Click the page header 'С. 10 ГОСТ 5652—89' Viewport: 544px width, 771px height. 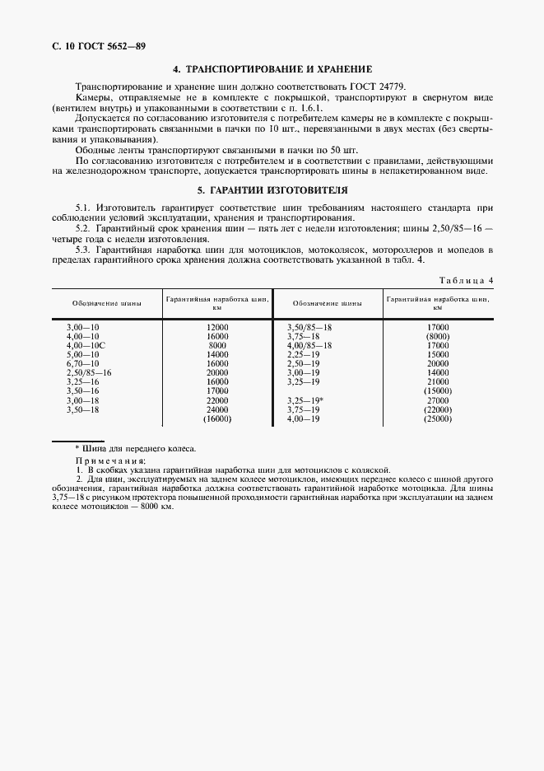click(x=87, y=44)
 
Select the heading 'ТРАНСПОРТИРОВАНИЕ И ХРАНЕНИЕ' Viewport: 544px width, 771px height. click(x=278, y=69)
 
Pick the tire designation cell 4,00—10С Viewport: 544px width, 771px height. click(x=86, y=345)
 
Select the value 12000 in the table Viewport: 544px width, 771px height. click(x=217, y=327)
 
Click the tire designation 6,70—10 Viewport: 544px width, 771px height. click(x=82, y=363)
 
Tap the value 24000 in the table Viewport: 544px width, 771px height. click(x=217, y=409)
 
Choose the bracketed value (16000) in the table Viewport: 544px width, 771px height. click(x=217, y=418)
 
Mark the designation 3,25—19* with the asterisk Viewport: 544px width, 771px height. click(x=305, y=400)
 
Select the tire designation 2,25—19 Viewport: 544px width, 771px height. click(x=303, y=354)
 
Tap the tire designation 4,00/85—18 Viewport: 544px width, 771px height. click(x=309, y=345)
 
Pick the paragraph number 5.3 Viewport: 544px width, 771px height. click(x=83, y=248)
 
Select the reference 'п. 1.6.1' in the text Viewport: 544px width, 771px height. click(x=305, y=108)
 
